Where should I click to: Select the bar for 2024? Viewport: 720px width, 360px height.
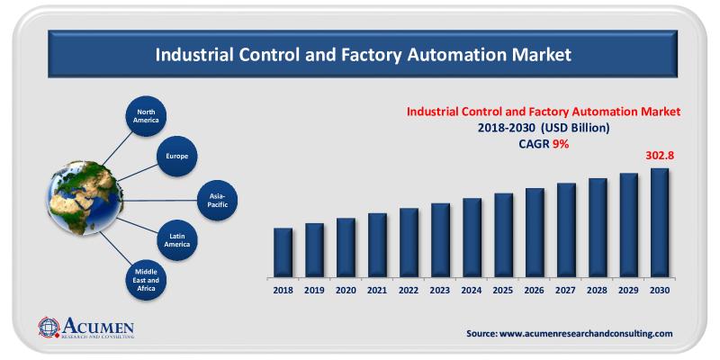(x=472, y=237)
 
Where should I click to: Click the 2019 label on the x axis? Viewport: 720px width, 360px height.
(x=314, y=290)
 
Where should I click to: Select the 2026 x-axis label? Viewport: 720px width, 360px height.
(x=535, y=290)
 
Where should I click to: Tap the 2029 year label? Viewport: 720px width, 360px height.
(x=628, y=290)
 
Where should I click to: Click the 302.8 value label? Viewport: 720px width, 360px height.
(x=660, y=156)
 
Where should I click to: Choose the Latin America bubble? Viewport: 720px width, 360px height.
(x=178, y=238)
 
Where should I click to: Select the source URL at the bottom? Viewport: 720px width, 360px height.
(x=570, y=333)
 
